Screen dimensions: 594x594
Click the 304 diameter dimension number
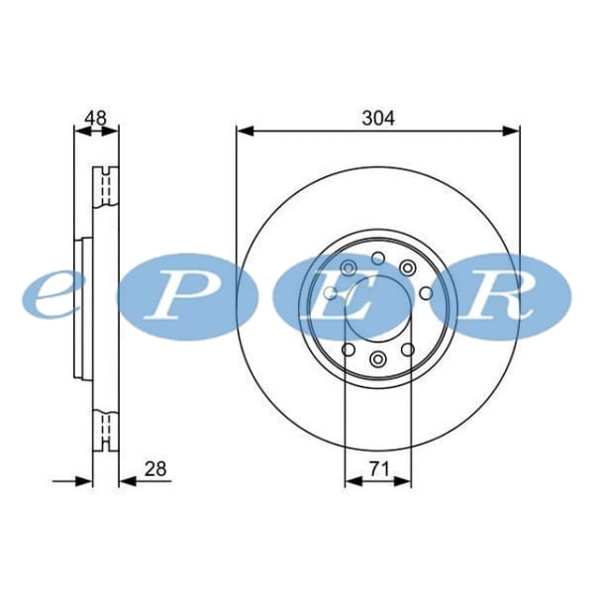click(x=378, y=118)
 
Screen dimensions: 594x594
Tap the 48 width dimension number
click(x=96, y=118)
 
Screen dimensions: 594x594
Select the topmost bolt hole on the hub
click(x=377, y=255)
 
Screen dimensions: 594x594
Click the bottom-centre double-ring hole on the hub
click(x=377, y=358)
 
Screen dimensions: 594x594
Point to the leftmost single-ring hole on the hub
click(x=330, y=292)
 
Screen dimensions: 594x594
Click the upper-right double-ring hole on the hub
click(x=407, y=266)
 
